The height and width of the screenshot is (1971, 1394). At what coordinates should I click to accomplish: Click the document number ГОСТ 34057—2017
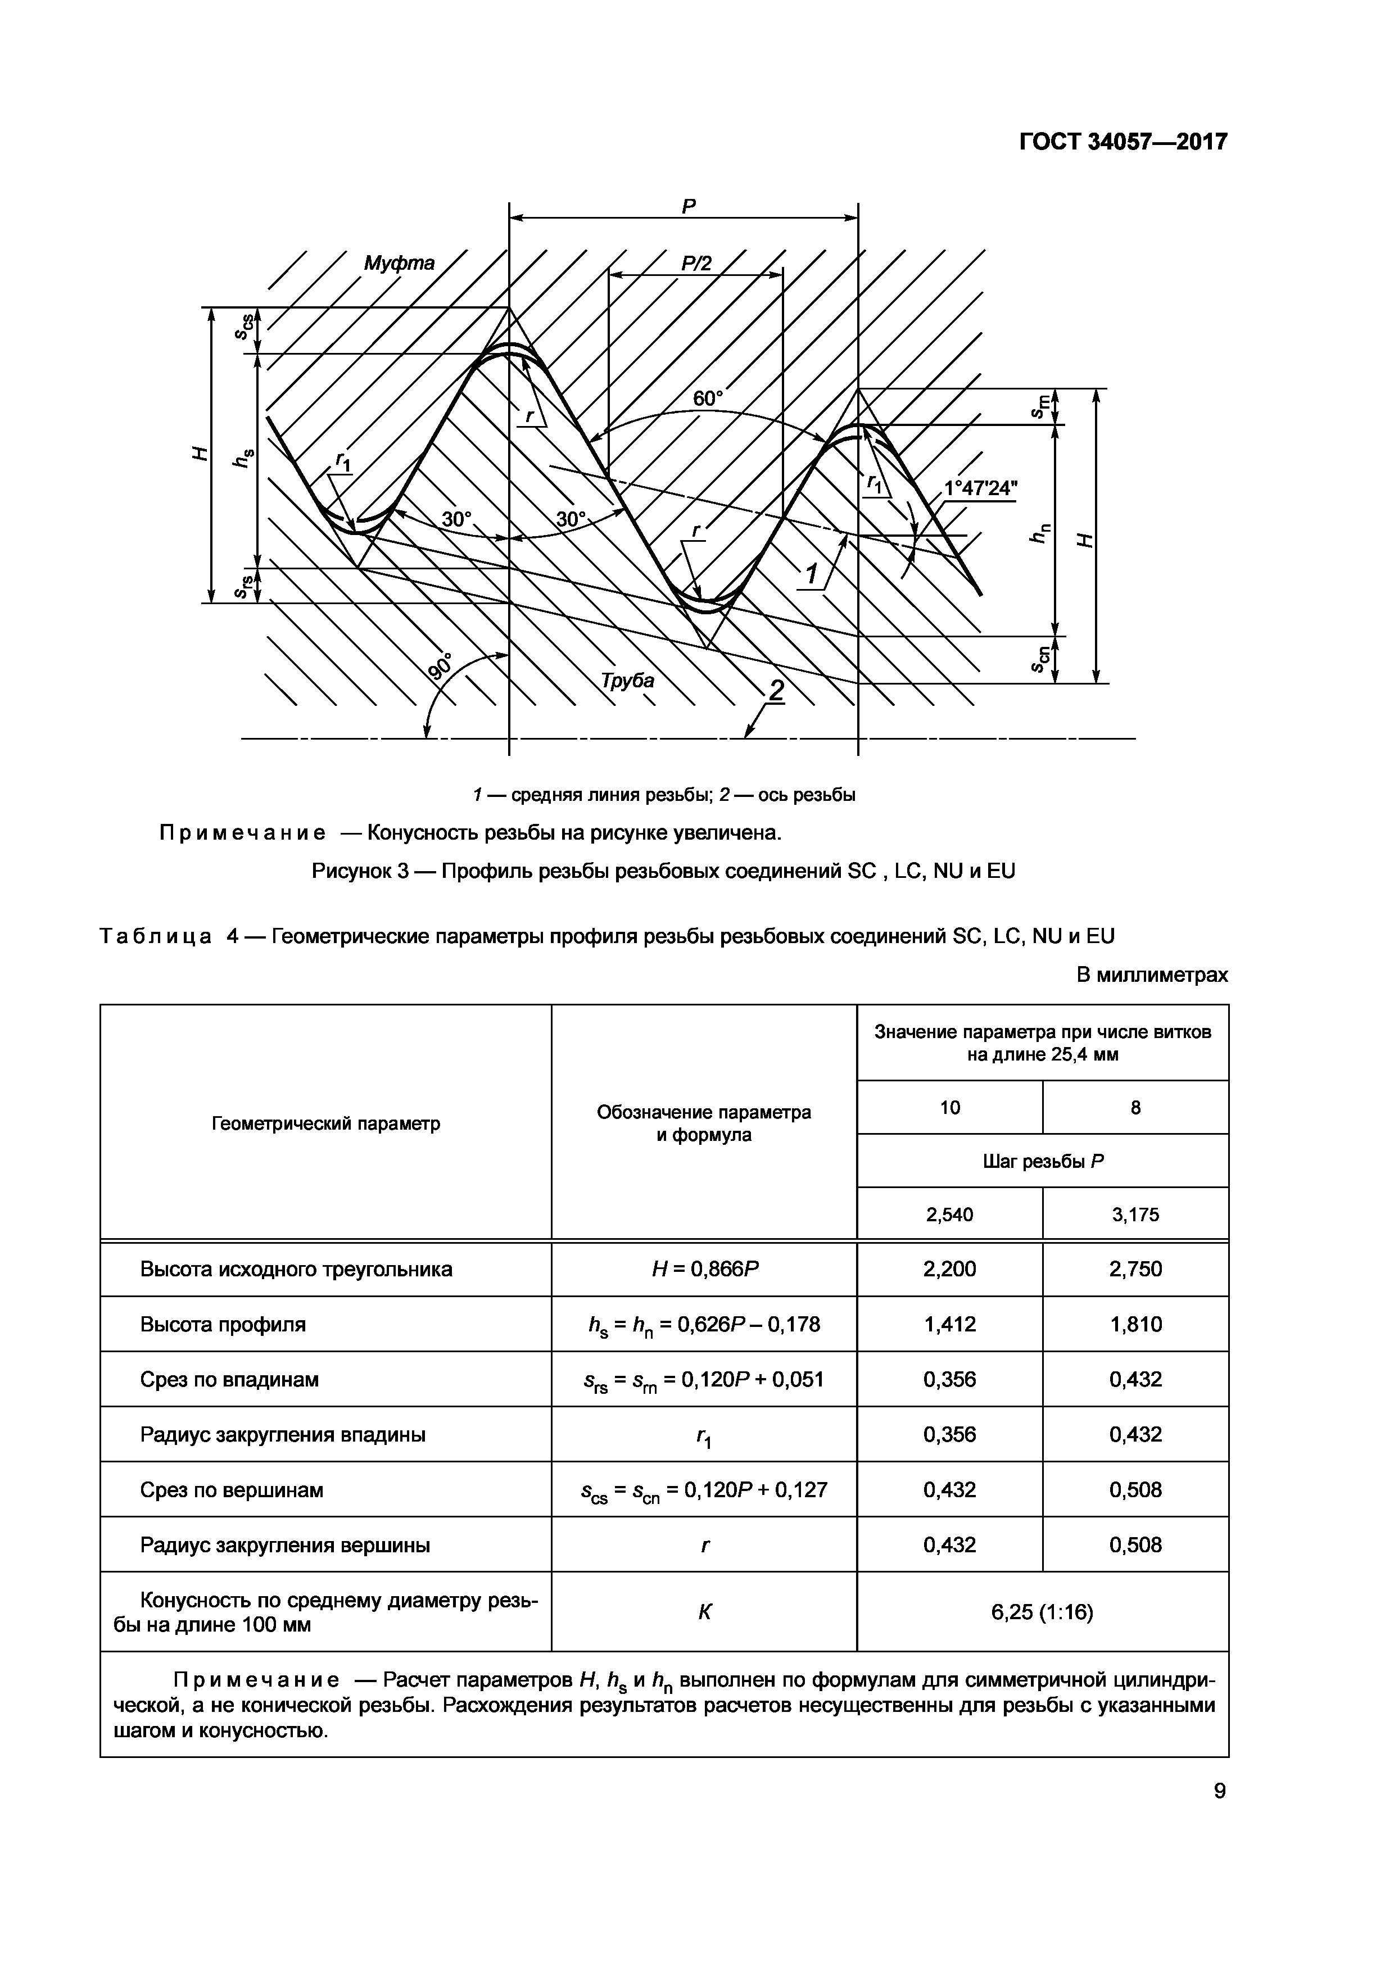(1123, 142)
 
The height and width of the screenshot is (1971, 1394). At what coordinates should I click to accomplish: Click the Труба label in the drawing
(627, 681)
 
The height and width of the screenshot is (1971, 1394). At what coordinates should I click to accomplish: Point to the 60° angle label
(708, 398)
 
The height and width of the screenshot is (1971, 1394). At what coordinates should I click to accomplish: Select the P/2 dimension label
(696, 262)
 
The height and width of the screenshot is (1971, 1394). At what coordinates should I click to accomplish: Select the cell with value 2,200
(949, 1269)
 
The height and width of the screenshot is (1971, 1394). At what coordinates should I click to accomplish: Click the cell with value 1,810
(1135, 1324)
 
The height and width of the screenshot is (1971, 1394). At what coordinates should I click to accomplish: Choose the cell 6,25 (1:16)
(1042, 1612)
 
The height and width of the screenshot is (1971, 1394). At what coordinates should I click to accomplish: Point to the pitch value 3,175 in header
(1135, 1214)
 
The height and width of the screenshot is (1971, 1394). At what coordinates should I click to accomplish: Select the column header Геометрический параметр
(325, 1123)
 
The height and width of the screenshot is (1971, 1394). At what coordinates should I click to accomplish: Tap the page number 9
(1219, 1791)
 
